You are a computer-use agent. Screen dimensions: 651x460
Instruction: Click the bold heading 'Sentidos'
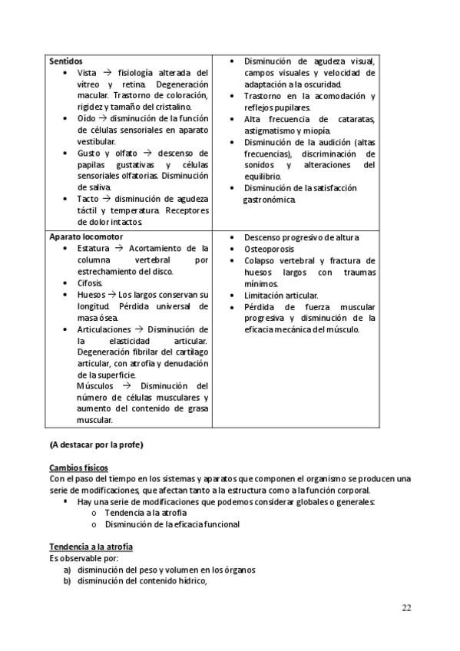tap(66, 61)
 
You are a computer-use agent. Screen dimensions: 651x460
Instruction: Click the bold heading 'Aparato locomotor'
tap(85, 237)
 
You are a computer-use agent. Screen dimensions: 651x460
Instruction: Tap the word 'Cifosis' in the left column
tap(91, 283)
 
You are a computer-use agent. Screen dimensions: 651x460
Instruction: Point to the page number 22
tap(406, 608)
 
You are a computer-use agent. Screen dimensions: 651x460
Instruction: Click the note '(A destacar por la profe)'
tap(96, 444)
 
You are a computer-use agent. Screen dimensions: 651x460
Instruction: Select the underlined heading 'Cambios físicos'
tap(78, 468)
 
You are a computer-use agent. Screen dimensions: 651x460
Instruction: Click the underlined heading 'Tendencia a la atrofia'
tap(91, 546)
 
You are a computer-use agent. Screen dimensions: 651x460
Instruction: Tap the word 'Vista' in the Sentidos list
tap(88, 72)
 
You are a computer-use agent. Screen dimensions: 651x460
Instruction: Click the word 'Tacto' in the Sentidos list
tap(89, 199)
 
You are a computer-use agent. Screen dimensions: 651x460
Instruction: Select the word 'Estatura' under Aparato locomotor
tap(94, 249)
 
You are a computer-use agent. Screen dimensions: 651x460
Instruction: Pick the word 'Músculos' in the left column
tap(96, 386)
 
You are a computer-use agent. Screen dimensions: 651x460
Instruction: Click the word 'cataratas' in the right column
tap(355, 119)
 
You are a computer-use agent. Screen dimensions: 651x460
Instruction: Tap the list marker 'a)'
tap(67, 570)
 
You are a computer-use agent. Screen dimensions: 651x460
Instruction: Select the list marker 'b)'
tap(67, 581)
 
